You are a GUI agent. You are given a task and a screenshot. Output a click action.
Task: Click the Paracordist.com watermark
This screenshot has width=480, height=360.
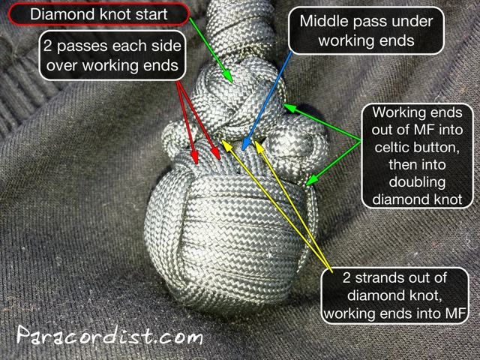pyautogui.click(x=109, y=335)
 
